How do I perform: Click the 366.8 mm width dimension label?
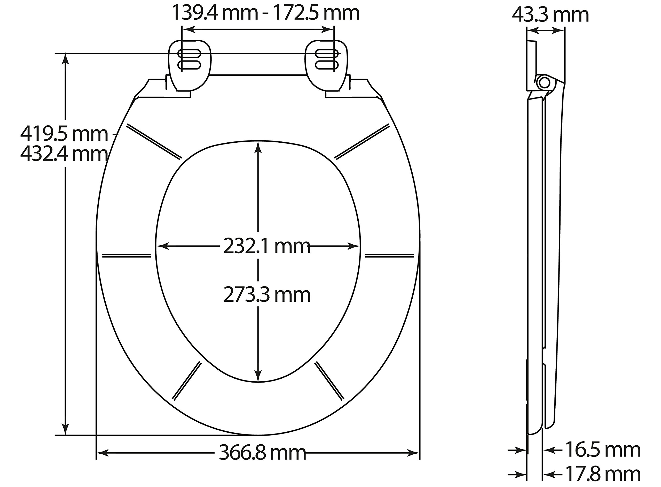coord(262,453)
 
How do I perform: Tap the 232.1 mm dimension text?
coord(267,246)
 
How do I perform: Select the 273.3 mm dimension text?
coord(267,294)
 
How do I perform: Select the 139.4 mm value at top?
coord(214,12)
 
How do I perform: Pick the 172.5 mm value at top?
coord(317,12)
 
